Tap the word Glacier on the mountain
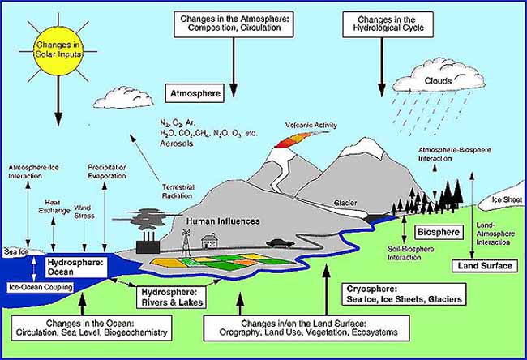click(345, 203)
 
